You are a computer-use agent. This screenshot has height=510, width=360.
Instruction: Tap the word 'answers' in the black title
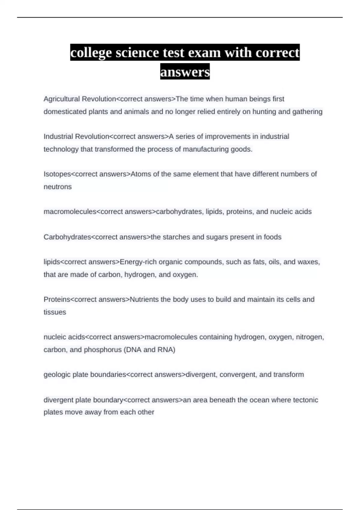(x=185, y=72)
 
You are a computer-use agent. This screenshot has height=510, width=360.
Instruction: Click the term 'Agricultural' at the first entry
(x=61, y=99)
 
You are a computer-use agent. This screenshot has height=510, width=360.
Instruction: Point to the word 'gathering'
(x=307, y=112)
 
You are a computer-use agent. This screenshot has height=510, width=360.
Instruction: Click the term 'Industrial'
(x=58, y=136)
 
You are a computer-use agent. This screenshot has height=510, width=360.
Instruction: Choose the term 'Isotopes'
(x=57, y=174)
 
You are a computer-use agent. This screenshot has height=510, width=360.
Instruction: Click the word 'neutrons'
(x=58, y=187)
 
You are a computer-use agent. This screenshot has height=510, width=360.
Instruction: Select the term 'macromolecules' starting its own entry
(x=70, y=212)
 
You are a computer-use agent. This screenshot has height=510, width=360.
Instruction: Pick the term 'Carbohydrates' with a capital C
(x=67, y=237)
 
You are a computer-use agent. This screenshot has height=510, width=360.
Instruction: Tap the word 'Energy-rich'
(x=138, y=262)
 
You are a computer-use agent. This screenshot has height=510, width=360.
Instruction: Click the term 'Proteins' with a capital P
(x=56, y=299)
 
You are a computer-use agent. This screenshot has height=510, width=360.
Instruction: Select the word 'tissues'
(x=55, y=312)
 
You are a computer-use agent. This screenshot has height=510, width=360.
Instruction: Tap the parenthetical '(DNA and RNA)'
(x=149, y=350)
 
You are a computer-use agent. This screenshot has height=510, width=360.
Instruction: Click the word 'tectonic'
(x=305, y=400)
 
